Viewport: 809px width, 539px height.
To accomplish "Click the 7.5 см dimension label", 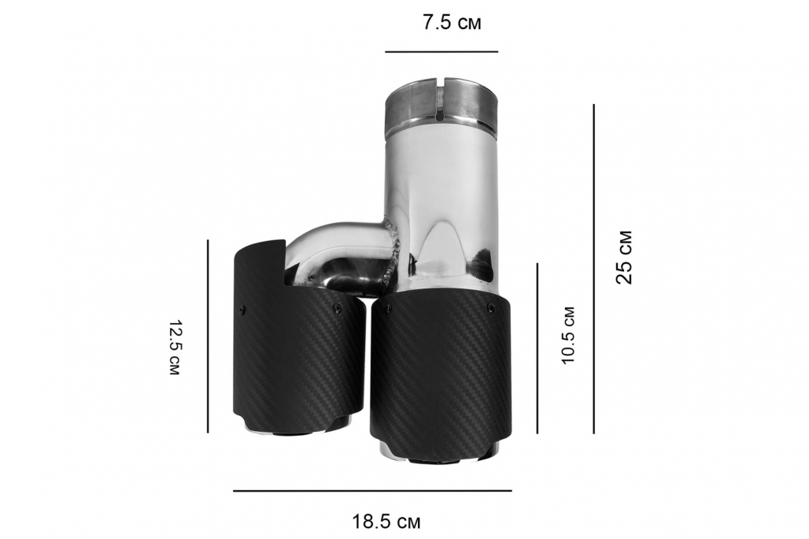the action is [x=452, y=24].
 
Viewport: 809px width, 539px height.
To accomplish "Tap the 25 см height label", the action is [x=624, y=257].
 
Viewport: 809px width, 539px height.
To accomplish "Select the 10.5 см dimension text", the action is [x=567, y=336].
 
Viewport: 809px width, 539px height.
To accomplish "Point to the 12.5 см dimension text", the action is [x=174, y=348].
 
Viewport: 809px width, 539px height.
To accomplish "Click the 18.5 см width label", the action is [x=386, y=522].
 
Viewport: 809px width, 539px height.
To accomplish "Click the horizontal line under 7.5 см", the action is [x=441, y=52].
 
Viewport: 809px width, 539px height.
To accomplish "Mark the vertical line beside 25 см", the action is [x=594, y=269].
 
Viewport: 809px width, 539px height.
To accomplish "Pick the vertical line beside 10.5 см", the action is [x=537, y=348].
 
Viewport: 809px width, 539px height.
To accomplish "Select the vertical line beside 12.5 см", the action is [x=208, y=336].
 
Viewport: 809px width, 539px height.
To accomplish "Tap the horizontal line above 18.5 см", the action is [x=372, y=490].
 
